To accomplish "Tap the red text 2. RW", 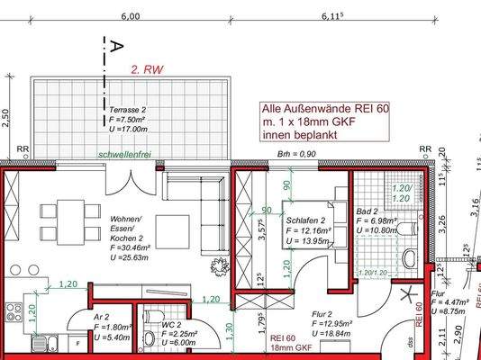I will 148,68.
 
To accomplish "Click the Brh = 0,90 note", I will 297,155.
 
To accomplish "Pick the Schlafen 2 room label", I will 305,220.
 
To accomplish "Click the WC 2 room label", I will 171,323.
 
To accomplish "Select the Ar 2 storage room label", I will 102,318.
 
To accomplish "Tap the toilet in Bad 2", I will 409,258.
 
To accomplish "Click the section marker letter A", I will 114,44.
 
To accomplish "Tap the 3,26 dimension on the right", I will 441,218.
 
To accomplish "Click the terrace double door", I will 133,180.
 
